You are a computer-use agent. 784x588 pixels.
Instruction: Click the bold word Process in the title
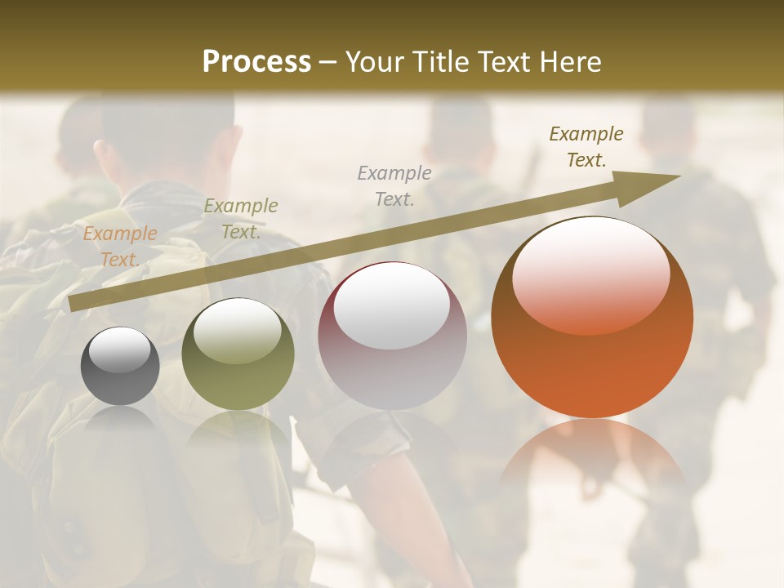point(256,62)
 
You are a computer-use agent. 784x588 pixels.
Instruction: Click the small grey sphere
point(120,367)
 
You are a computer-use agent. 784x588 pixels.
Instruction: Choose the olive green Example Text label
point(240,218)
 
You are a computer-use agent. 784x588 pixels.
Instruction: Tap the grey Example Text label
point(394,185)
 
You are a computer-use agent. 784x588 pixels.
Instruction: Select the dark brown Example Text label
point(586,146)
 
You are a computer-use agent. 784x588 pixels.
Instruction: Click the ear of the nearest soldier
point(102,155)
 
